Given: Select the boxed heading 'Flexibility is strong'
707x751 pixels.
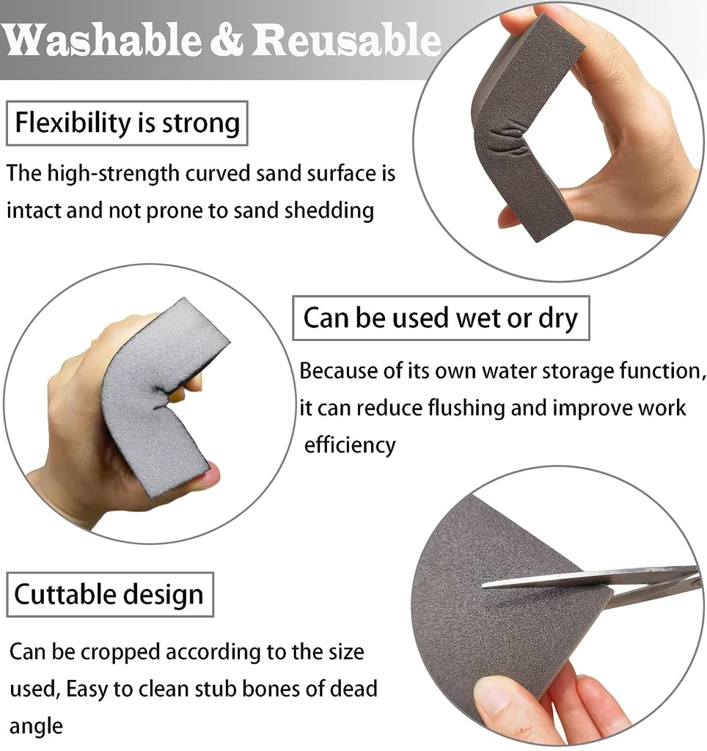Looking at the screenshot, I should [128, 122].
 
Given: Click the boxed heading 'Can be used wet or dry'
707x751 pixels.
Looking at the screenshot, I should [440, 318].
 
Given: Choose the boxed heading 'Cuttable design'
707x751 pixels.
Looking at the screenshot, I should [109, 594].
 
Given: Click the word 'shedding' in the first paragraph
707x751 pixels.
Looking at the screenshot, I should [329, 210].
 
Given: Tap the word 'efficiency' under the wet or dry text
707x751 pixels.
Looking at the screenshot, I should [350, 445].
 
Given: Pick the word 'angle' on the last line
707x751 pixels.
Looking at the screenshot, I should [36, 726].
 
